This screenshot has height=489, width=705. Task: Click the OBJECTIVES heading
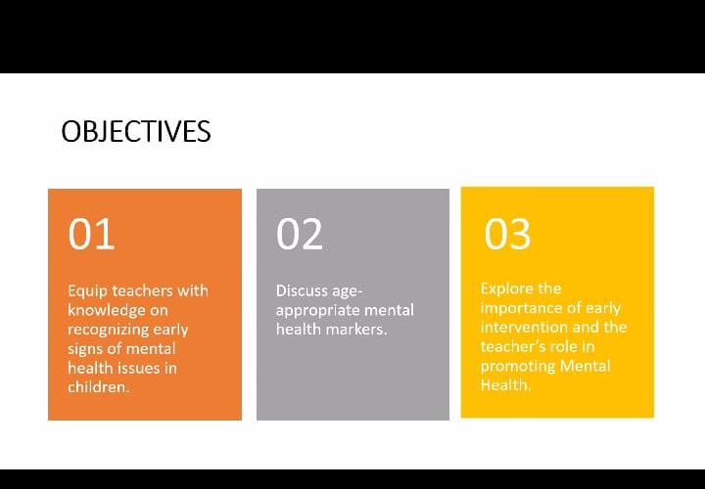[x=136, y=132]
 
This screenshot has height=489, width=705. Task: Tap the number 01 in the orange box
[x=91, y=234]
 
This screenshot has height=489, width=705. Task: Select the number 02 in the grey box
[x=300, y=234]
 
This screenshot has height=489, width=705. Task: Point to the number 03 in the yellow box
[x=507, y=234]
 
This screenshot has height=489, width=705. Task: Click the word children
[x=99, y=387]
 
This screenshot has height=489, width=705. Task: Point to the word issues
[x=138, y=369]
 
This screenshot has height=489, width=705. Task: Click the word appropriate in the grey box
[x=317, y=311]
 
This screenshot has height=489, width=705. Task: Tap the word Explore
[x=507, y=289]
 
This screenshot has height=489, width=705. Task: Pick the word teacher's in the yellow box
[x=508, y=346]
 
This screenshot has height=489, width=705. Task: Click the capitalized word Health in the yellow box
[x=506, y=384]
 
